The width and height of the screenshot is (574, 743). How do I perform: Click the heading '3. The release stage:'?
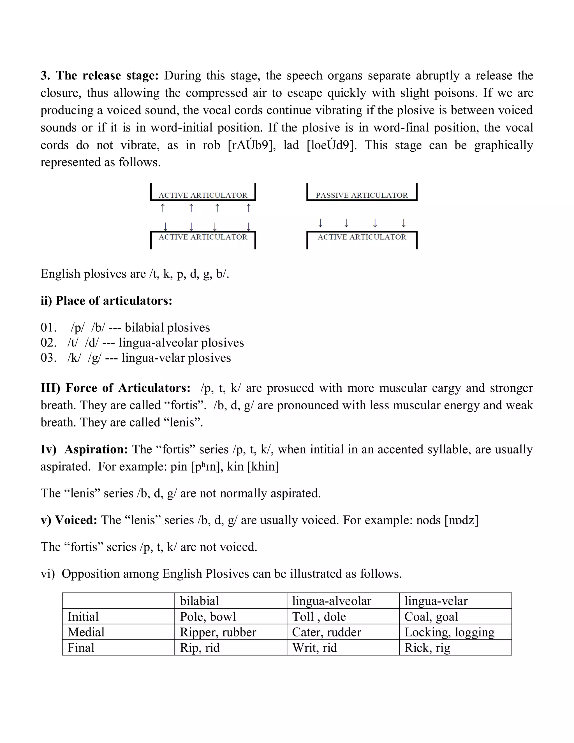pos(99,75)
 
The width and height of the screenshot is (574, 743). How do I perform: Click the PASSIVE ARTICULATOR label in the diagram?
pos(362,195)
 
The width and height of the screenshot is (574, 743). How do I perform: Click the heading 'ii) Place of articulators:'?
pos(107,301)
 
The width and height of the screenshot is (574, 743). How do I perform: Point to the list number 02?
pos(48,343)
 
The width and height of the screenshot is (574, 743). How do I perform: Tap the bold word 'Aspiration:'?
pos(96,449)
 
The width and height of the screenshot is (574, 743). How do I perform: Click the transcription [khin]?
pos(263,467)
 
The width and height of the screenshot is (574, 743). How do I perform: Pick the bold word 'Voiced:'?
pos(76,520)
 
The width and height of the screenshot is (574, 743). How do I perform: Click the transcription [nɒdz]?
pos(461,520)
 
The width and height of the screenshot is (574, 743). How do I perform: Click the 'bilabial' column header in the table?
pos(200,601)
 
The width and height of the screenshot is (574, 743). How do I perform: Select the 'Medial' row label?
pos(86,632)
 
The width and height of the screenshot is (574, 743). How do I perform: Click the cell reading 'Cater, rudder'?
pos(327,632)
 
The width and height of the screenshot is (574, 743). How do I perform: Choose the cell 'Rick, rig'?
pos(427,648)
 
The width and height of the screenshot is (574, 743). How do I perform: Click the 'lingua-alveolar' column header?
pos(332,601)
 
